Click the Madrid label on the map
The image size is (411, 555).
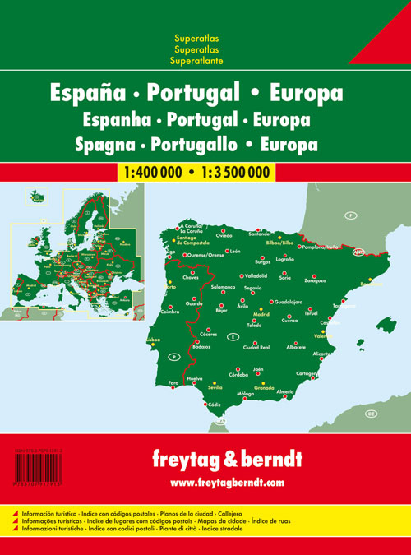(x=261, y=313)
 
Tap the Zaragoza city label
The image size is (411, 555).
(x=316, y=280)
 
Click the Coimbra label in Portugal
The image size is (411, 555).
(x=170, y=311)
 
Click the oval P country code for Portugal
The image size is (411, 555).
(x=173, y=355)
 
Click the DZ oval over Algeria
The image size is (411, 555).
(x=371, y=412)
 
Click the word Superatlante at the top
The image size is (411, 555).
(x=196, y=62)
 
